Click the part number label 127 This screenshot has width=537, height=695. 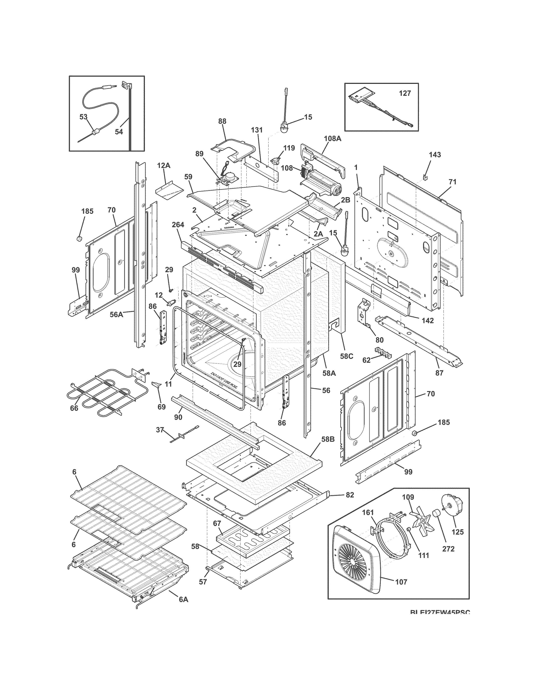(x=405, y=93)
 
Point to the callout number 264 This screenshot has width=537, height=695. (x=178, y=225)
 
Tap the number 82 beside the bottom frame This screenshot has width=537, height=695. (x=350, y=495)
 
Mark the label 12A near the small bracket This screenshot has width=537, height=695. (x=163, y=166)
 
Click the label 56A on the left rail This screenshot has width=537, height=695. (x=116, y=315)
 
